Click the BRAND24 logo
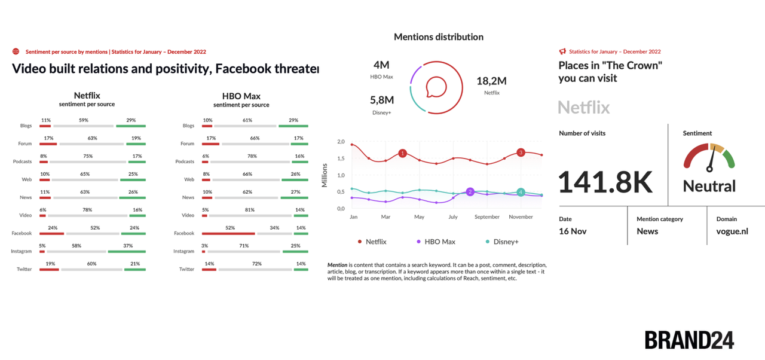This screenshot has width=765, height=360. pyautogui.click(x=689, y=340)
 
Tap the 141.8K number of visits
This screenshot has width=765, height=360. pyautogui.click(x=605, y=182)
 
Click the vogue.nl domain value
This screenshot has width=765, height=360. pyautogui.click(x=732, y=231)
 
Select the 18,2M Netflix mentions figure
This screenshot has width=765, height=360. pyautogui.click(x=491, y=81)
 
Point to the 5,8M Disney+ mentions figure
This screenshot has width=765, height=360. pyautogui.click(x=382, y=100)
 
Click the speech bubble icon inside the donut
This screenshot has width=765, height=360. pyautogui.click(x=436, y=87)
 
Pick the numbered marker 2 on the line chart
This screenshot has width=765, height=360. pyautogui.click(x=470, y=192)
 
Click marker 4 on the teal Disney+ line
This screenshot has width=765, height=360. pyautogui.click(x=521, y=192)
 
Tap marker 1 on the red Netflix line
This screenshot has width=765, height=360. pyautogui.click(x=402, y=154)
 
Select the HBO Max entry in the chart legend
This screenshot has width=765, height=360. pyautogui.click(x=436, y=242)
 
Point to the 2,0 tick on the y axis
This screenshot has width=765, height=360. pyautogui.click(x=341, y=142)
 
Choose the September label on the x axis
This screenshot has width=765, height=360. pyautogui.click(x=487, y=216)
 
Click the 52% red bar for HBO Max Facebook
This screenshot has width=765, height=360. pyautogui.click(x=228, y=234)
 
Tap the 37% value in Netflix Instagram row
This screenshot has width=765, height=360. pyautogui.click(x=128, y=245)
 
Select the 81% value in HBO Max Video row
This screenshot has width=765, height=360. pyautogui.click(x=250, y=209)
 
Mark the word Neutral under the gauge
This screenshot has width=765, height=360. pyautogui.click(x=709, y=186)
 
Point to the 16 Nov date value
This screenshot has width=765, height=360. pyautogui.click(x=573, y=231)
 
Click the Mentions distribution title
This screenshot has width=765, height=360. pyautogui.click(x=438, y=37)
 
